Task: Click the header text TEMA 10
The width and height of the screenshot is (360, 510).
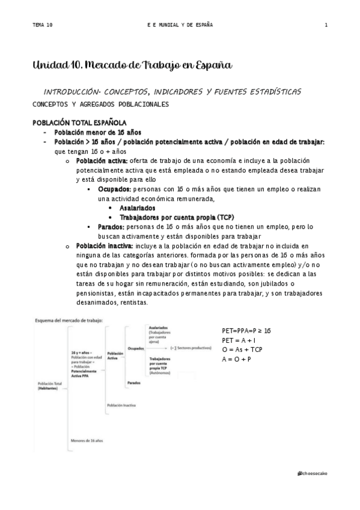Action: [x=43, y=25]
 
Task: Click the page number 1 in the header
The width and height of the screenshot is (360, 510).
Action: [x=326, y=25]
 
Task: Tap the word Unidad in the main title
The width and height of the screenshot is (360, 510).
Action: [x=48, y=64]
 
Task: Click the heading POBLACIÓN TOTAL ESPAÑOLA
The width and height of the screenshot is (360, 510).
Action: [x=79, y=123]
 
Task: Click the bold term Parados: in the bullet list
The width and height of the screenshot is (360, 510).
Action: [x=111, y=227]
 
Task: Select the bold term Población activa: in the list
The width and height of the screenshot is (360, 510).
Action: [x=102, y=161]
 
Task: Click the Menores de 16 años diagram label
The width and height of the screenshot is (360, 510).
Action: [x=87, y=441]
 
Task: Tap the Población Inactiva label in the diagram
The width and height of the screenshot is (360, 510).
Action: [x=121, y=405]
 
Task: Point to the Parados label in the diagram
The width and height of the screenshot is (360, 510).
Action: [x=134, y=382]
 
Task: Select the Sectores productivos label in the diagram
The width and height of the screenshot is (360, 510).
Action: [x=192, y=348]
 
